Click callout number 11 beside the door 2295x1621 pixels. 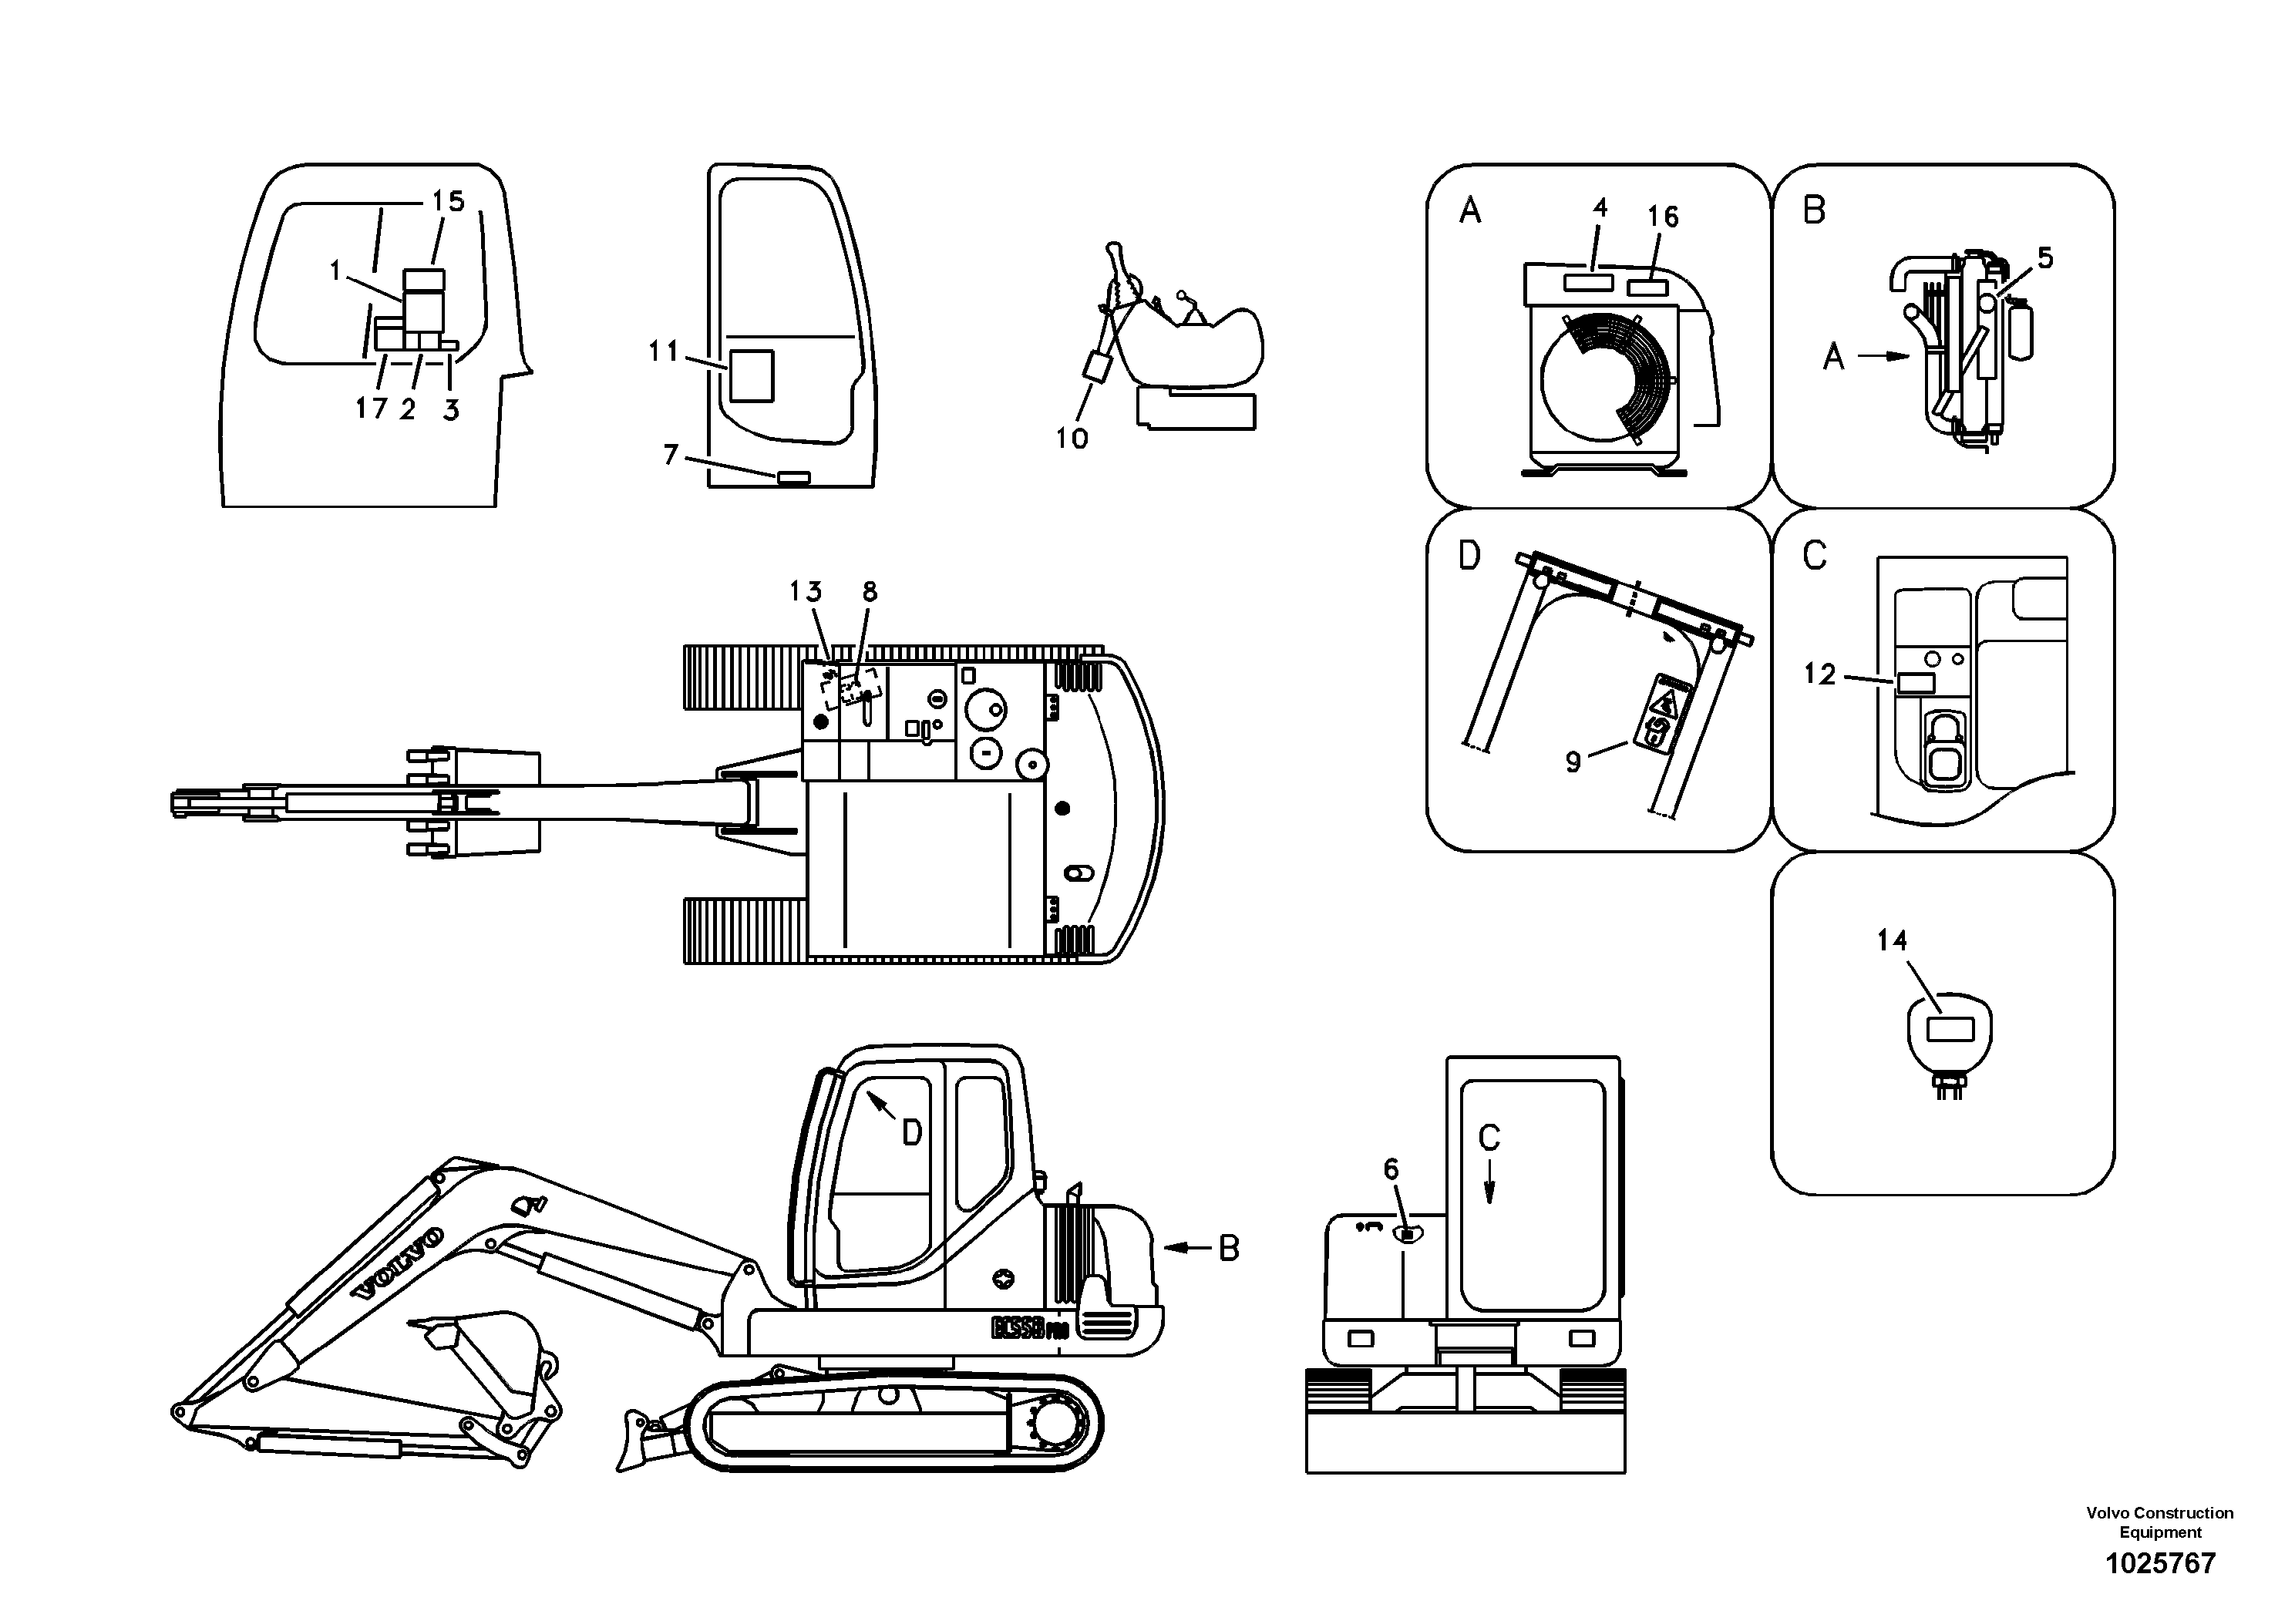click(x=663, y=351)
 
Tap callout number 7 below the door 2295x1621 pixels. click(x=671, y=455)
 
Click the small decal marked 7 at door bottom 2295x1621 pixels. click(x=795, y=478)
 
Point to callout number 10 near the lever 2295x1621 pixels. click(x=1072, y=438)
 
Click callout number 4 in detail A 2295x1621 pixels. click(x=1600, y=208)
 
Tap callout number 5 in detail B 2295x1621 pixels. click(x=2045, y=258)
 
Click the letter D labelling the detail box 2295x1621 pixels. click(x=1469, y=556)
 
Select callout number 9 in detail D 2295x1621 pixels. click(x=1573, y=762)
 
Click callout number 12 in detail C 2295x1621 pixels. click(x=1820, y=674)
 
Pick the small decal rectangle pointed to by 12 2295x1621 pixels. click(x=1915, y=684)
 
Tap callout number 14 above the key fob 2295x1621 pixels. click(x=1891, y=940)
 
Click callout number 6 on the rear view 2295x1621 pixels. click(x=1391, y=1169)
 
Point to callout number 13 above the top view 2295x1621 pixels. click(x=806, y=592)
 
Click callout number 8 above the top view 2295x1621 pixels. click(x=870, y=592)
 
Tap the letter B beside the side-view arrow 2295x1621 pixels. click(x=1229, y=1247)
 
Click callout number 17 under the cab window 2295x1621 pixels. click(x=371, y=408)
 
